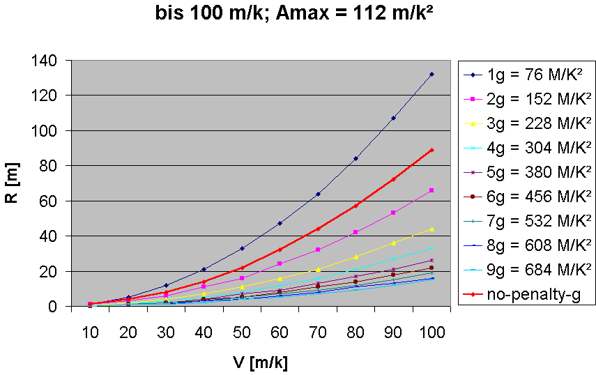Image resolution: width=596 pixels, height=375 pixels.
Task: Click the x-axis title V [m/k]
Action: point(260,362)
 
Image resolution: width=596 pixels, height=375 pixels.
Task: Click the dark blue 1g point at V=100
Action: point(431,74)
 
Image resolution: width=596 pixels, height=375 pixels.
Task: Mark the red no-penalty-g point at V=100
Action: point(431,150)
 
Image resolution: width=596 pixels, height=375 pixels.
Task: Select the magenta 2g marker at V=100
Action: point(431,190)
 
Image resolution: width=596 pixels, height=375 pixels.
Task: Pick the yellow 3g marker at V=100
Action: point(431,229)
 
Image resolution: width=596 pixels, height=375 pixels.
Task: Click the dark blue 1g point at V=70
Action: point(318,194)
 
